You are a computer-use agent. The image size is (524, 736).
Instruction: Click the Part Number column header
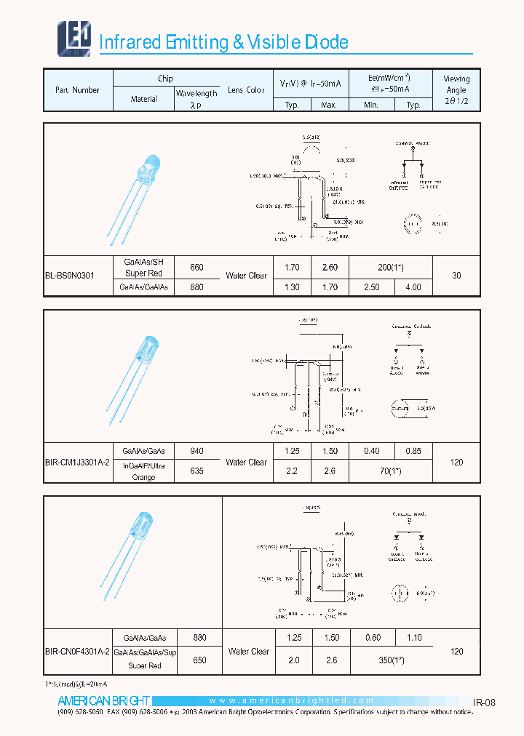[77, 90]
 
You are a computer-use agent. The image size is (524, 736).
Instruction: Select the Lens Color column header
[245, 90]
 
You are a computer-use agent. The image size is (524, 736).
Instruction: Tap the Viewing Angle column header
[456, 89]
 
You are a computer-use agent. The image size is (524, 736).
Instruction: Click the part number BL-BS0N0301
[68, 276]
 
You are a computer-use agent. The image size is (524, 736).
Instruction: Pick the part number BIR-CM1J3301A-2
[77, 462]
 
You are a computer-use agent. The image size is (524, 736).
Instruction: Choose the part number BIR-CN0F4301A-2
[77, 652]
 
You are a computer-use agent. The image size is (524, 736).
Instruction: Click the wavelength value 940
[196, 451]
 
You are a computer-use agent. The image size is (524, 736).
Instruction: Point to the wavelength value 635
[196, 471]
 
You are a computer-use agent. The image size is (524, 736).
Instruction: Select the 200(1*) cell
[391, 267]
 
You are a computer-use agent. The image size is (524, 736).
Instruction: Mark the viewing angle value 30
[456, 276]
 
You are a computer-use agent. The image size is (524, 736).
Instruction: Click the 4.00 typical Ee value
[413, 287]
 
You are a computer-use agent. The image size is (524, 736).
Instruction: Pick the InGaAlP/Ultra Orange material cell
[144, 471]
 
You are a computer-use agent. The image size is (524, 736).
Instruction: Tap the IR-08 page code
[484, 703]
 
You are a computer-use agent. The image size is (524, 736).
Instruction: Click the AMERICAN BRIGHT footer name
[103, 701]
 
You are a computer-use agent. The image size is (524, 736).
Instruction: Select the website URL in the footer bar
[291, 701]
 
